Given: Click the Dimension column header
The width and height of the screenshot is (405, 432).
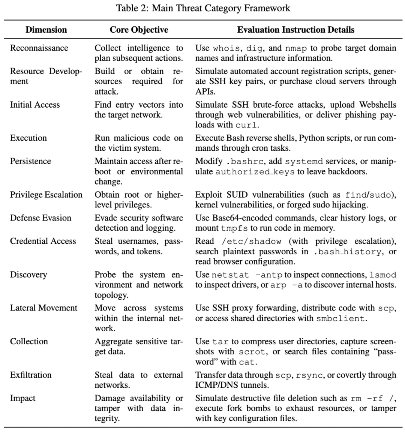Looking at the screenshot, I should pyautogui.click(x=46, y=30).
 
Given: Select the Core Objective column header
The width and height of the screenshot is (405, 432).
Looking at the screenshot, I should pyautogui.click(x=139, y=30).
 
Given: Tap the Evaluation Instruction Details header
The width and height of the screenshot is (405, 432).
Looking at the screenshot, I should pyautogui.click(x=295, y=30).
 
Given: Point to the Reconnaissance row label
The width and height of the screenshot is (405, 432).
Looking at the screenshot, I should pyautogui.click(x=39, y=48).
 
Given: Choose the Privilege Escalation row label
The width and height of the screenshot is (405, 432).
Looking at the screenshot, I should pyautogui.click(x=46, y=195).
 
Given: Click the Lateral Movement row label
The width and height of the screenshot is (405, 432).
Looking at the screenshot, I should pyautogui.click(x=43, y=308).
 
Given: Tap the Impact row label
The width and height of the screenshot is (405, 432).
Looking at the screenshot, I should pyautogui.click(x=22, y=398).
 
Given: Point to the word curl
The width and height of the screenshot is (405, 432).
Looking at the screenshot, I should pyautogui.click(x=247, y=125).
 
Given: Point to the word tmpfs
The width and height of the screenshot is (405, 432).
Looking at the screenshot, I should pyautogui.click(x=232, y=228).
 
